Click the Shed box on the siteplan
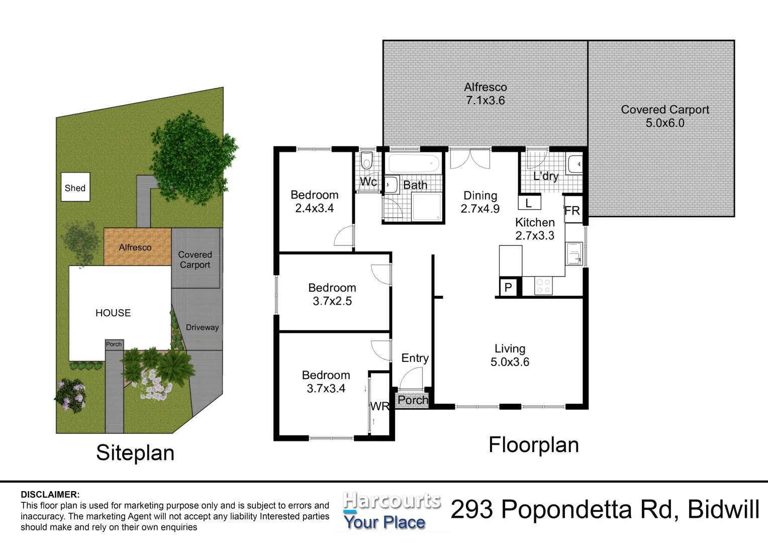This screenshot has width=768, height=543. click(75, 188)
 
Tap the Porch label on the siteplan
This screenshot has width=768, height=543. click(114, 344)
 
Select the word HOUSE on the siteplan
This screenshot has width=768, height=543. click(113, 313)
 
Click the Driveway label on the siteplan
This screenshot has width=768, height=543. click(202, 327)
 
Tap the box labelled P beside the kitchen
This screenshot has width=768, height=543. click(508, 288)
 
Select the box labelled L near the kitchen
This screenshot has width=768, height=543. click(529, 203)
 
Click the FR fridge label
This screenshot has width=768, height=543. click(572, 211)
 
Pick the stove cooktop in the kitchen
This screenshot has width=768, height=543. click(543, 286)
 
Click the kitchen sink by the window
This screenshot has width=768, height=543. click(574, 253)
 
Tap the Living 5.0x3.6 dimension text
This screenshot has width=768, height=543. click(510, 362)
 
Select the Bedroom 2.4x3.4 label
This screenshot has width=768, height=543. click(314, 201)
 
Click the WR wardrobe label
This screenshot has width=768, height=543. click(379, 406)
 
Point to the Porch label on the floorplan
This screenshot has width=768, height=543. click(413, 400)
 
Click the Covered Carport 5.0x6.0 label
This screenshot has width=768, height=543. click(664, 116)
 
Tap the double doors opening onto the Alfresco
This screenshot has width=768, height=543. click(469, 159)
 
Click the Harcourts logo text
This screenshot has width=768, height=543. click(392, 501)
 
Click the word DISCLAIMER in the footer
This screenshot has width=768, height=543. click(50, 495)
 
